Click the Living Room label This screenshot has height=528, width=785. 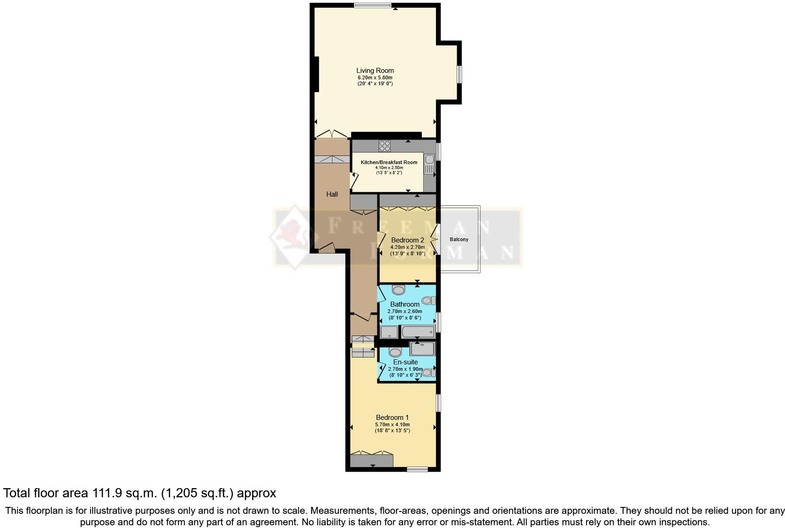click(x=375, y=71)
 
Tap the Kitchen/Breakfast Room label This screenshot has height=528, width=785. click(x=389, y=162)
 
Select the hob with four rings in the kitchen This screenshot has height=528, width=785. click(x=385, y=146)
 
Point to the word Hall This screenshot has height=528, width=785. click(x=332, y=194)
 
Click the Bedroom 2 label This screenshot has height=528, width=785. click(x=408, y=240)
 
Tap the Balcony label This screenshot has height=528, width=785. click(x=459, y=240)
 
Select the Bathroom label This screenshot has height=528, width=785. click(x=404, y=304)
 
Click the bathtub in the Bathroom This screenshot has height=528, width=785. click(x=418, y=331)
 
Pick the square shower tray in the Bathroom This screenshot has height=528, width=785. click(x=389, y=332)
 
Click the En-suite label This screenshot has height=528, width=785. click(x=405, y=362)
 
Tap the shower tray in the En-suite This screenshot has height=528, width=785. click(x=422, y=349)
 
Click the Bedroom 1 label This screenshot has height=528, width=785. click(x=392, y=418)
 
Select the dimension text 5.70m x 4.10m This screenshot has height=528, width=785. click(x=392, y=424)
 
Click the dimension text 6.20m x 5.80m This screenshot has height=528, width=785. click(x=375, y=78)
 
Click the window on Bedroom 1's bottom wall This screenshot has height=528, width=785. click(x=417, y=469)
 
